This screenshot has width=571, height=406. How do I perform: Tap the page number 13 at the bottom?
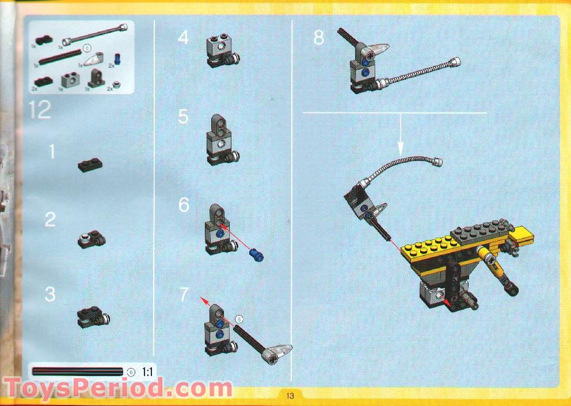289,396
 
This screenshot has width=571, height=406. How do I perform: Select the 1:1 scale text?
147,372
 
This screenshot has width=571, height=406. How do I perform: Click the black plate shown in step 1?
90,166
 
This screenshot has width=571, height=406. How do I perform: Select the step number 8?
319,38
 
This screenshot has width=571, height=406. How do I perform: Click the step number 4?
183,38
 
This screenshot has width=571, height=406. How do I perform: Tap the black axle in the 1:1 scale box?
78,372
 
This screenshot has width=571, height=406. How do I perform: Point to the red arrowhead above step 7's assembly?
203,298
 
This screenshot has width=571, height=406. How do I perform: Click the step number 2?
51,220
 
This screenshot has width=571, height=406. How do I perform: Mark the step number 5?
183,117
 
